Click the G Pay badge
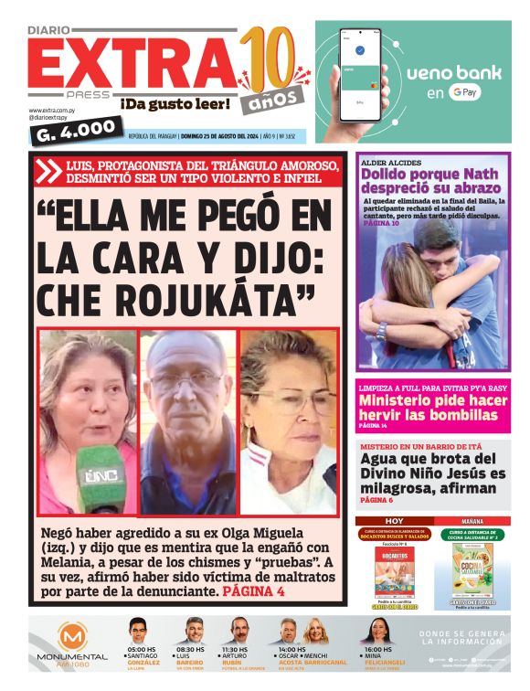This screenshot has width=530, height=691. [465, 92]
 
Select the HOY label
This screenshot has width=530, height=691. [394, 520]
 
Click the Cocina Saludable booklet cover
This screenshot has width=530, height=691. [472, 571]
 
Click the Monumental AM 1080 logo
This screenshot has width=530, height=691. [71, 644]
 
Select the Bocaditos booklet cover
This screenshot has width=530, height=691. [394, 571]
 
